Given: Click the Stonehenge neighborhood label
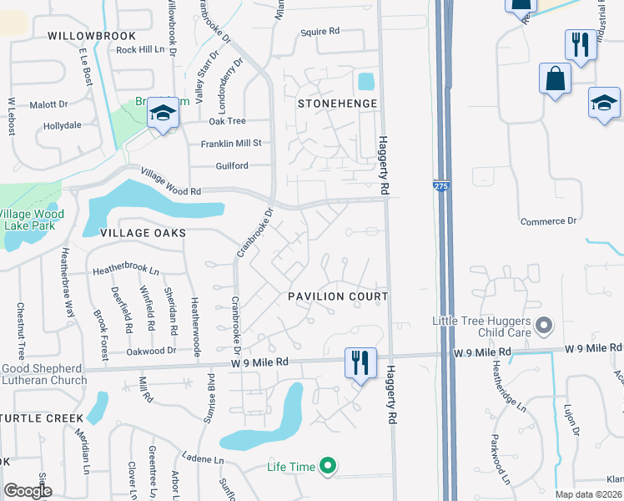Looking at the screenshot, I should click(x=338, y=104).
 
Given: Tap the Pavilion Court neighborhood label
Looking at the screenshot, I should click(x=338, y=296).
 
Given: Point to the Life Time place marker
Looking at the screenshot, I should click(x=329, y=467).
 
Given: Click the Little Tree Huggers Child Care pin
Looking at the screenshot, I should click(x=544, y=324).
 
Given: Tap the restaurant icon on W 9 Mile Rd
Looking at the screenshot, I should click(x=360, y=363).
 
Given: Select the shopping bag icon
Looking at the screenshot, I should click(x=555, y=79).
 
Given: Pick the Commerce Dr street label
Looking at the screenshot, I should click(x=549, y=221).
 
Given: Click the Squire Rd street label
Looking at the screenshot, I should click(x=321, y=31).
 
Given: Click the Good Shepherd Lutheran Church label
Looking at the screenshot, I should click(x=43, y=374).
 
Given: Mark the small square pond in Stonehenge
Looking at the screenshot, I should click(x=365, y=82).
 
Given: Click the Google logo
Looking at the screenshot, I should click(x=28, y=492).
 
